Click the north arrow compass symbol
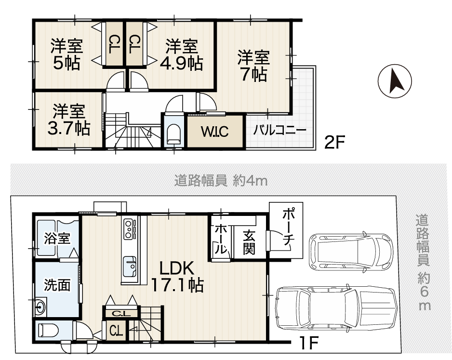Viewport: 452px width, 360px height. (395, 80)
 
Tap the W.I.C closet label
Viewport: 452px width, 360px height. (215, 132)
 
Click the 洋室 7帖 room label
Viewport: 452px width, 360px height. (253, 66)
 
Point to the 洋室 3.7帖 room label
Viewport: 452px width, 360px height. (68, 120)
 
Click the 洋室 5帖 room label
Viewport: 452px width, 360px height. (67, 54)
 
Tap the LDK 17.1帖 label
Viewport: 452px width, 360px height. (177, 277)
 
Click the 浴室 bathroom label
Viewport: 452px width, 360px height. (57, 239)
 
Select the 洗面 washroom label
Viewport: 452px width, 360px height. (57, 285)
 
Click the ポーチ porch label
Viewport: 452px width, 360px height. (289, 227)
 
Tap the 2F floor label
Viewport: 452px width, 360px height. (334, 142)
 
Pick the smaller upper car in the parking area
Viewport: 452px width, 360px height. (351, 251)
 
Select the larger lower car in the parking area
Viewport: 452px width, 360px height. (337, 309)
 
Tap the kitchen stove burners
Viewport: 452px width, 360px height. (129, 229)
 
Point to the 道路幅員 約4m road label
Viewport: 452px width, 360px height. (221, 181)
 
